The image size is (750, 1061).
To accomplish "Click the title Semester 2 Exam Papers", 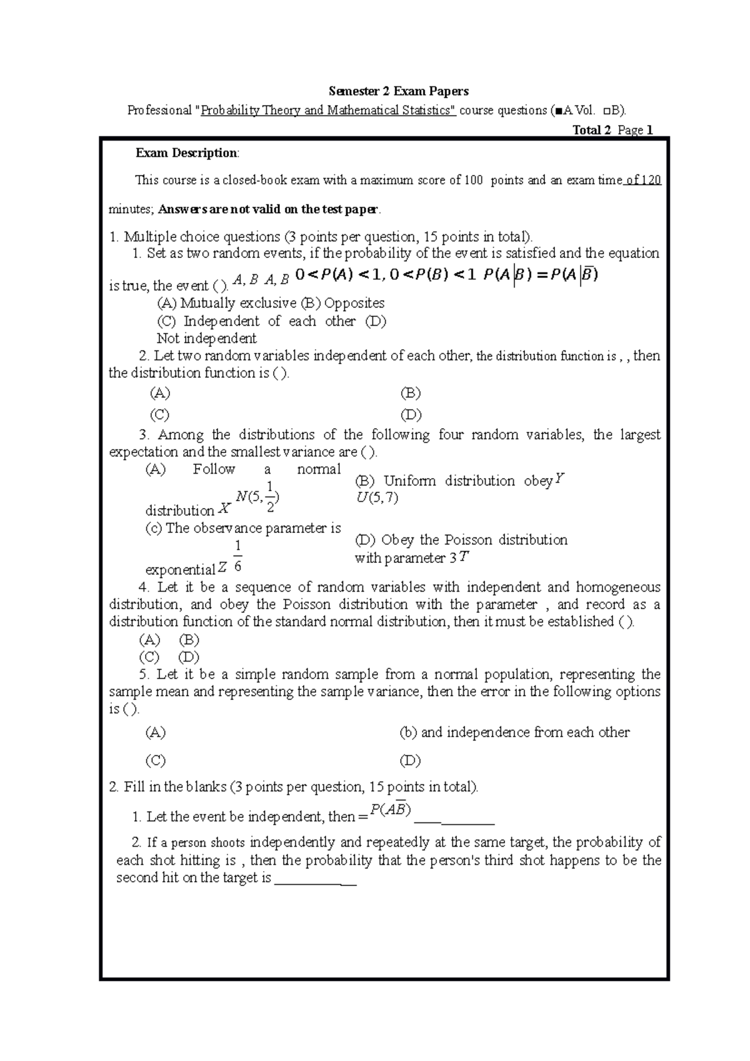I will click(x=399, y=91).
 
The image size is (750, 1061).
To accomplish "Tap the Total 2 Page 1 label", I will click(x=612, y=130).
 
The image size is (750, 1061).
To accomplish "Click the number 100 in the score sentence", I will click(x=473, y=181).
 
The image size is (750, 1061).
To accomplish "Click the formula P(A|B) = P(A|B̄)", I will click(x=541, y=275).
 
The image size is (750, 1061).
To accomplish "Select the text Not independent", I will click(x=206, y=339).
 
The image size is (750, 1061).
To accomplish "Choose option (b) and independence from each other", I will click(x=514, y=732).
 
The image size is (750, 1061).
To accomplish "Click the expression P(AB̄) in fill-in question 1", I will click(x=390, y=810).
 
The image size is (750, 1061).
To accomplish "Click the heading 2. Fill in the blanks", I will click(x=292, y=787).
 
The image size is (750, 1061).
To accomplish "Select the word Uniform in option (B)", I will click(x=409, y=481).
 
